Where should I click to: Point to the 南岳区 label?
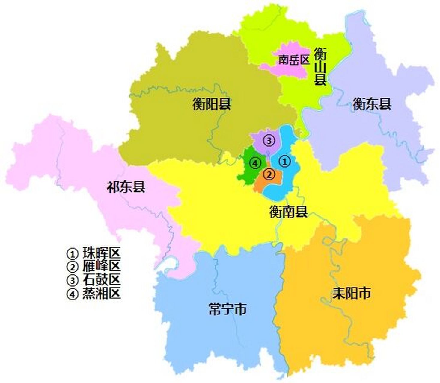(293, 60)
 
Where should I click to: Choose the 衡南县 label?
(288, 212)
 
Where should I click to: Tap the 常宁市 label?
(227, 309)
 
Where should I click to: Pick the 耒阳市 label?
(351, 293)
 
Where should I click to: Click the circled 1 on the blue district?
(284, 162)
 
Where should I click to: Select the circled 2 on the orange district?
(269, 174)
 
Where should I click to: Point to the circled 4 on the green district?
(255, 163)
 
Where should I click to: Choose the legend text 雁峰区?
(101, 266)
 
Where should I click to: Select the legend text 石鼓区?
(101, 280)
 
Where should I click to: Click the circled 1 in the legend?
(72, 254)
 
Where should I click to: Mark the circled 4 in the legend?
(72, 294)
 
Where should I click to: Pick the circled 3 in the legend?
(72, 280)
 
